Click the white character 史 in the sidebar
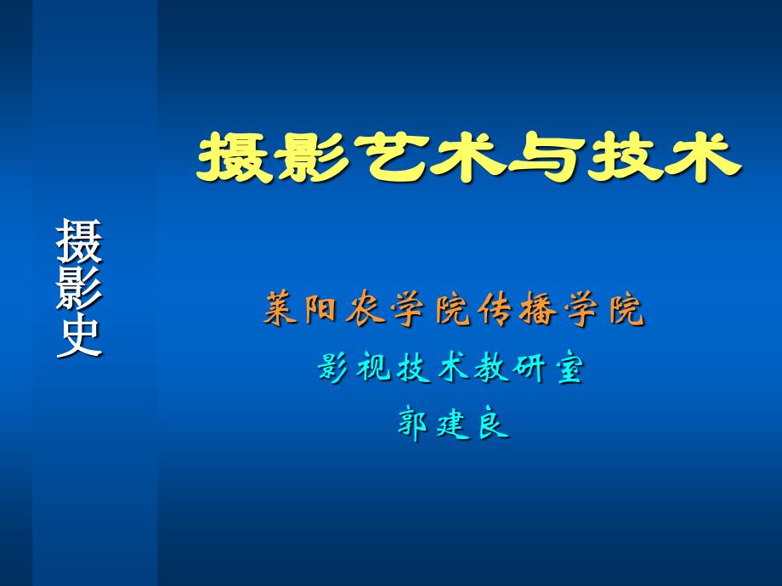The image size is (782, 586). coord(79,335)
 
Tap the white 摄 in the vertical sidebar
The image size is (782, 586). coord(79,240)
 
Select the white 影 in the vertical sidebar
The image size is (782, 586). coord(79,288)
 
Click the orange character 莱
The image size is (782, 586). coord(281,308)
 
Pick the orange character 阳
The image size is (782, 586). coord(321,309)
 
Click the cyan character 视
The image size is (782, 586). coord(373,369)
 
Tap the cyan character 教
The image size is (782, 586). coord(491,369)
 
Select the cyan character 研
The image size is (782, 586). coord(530,369)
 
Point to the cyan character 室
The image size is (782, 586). coord(569,369)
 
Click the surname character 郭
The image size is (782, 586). coord(413,425)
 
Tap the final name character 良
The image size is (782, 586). coord(493,425)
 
